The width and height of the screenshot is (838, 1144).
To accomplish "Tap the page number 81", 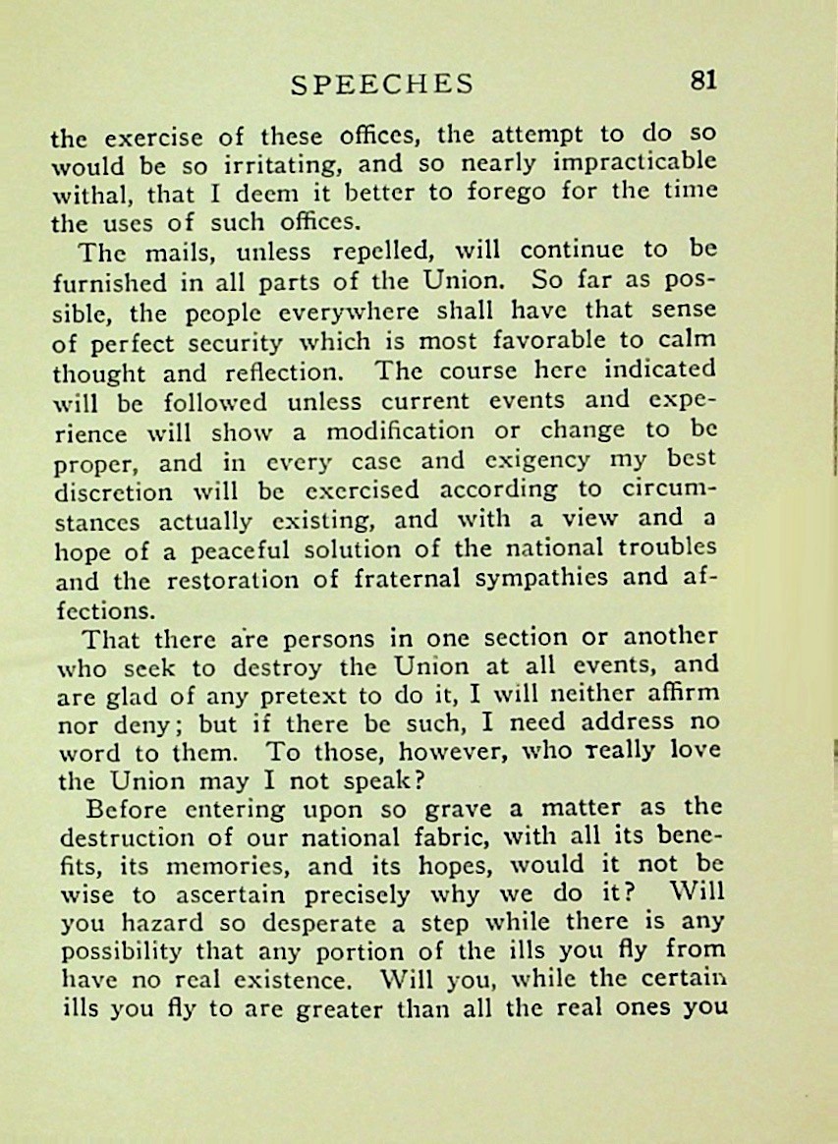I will point(702,81).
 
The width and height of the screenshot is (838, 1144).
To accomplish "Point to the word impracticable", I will point(638,161).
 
